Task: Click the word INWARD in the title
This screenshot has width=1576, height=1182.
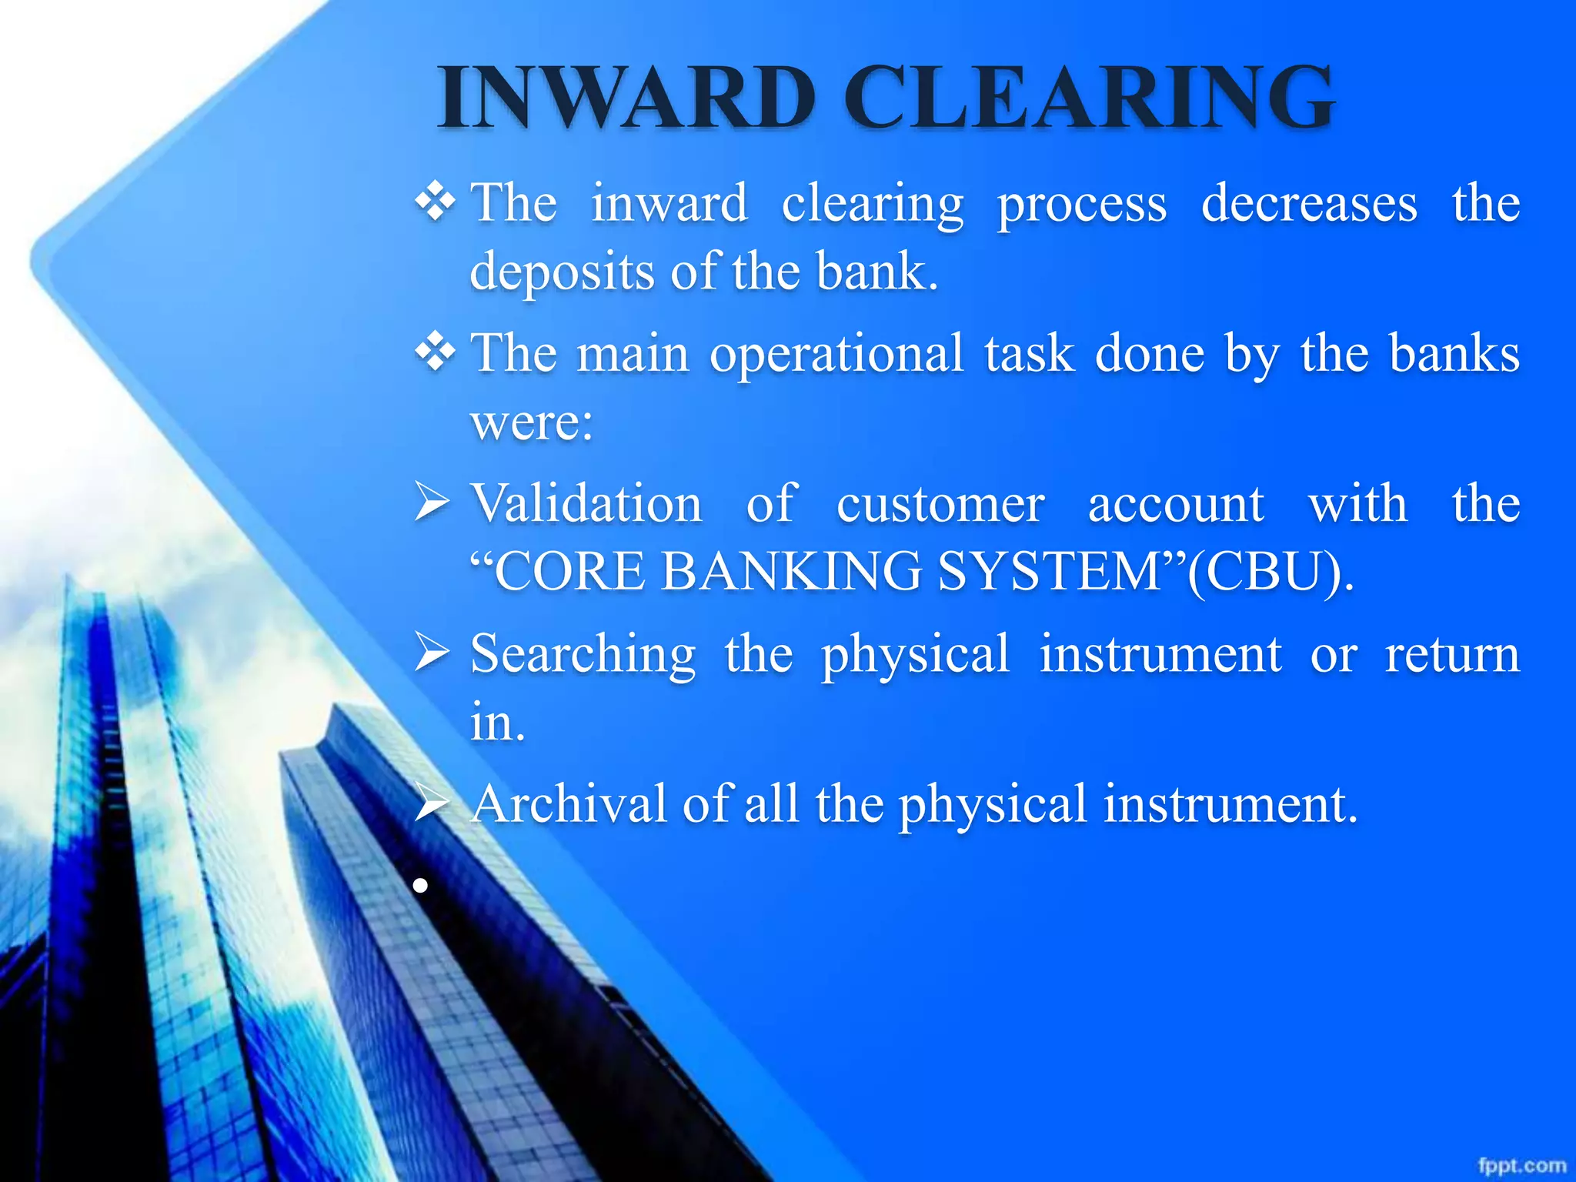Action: [627, 98]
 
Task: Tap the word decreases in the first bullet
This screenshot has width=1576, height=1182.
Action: [1309, 204]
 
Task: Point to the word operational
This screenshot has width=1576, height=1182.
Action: [836, 354]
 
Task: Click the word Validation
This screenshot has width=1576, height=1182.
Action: [586, 504]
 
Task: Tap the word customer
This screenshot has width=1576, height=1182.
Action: [940, 504]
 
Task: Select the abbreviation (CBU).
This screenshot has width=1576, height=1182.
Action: [1270, 572]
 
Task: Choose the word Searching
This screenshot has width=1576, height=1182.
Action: [583, 654]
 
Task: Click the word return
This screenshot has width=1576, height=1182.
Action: [1451, 654]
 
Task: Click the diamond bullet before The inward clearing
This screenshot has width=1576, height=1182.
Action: [435, 204]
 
